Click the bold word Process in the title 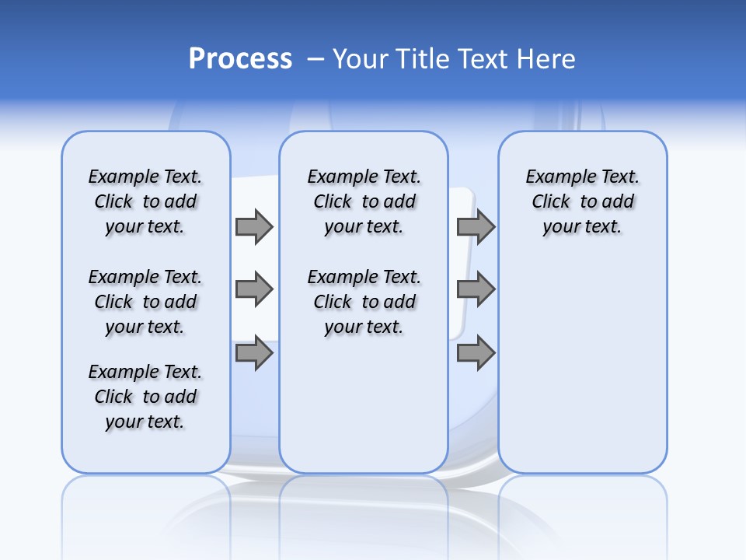(240, 59)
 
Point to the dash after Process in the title (315, 60)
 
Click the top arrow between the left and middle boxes (254, 226)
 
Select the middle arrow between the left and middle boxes (254, 289)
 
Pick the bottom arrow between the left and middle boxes (254, 353)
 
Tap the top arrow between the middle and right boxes (476, 226)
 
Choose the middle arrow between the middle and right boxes (476, 289)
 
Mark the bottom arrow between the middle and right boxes (476, 353)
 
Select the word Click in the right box (551, 201)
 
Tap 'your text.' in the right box (582, 226)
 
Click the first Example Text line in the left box (145, 177)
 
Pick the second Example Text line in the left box (145, 277)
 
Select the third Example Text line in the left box (145, 372)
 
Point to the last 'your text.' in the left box (145, 422)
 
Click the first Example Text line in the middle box (364, 177)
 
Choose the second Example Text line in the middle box (364, 277)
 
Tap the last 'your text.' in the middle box (364, 327)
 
